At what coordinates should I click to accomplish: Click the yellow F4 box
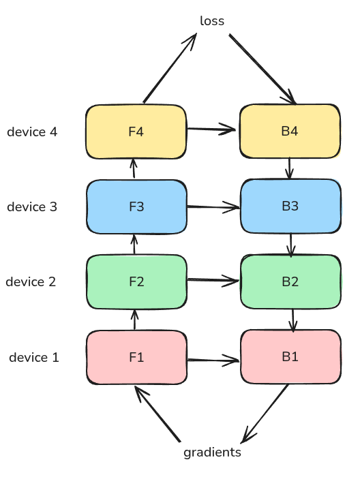click(x=136, y=131)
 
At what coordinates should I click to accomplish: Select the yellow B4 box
click(x=289, y=131)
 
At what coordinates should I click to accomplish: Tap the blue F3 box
click(x=136, y=206)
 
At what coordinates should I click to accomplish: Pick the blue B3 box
click(x=290, y=206)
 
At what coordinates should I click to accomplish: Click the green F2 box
click(x=136, y=281)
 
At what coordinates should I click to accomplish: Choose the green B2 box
click(x=290, y=281)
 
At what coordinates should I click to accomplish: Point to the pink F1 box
click(x=136, y=356)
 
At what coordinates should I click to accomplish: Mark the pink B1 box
click(x=290, y=356)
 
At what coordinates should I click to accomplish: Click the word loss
click(x=212, y=21)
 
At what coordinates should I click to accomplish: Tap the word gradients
click(x=212, y=452)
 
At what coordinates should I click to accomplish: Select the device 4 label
click(x=32, y=132)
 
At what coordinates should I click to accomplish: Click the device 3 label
click(x=32, y=206)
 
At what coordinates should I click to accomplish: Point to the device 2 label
click(x=31, y=281)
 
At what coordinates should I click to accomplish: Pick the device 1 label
click(x=34, y=356)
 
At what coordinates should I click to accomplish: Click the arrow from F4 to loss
click(x=169, y=68)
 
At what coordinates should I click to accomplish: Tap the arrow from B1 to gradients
click(x=266, y=412)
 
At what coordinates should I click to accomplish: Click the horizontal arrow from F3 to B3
click(x=213, y=206)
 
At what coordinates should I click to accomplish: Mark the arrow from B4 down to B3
click(x=290, y=168)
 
